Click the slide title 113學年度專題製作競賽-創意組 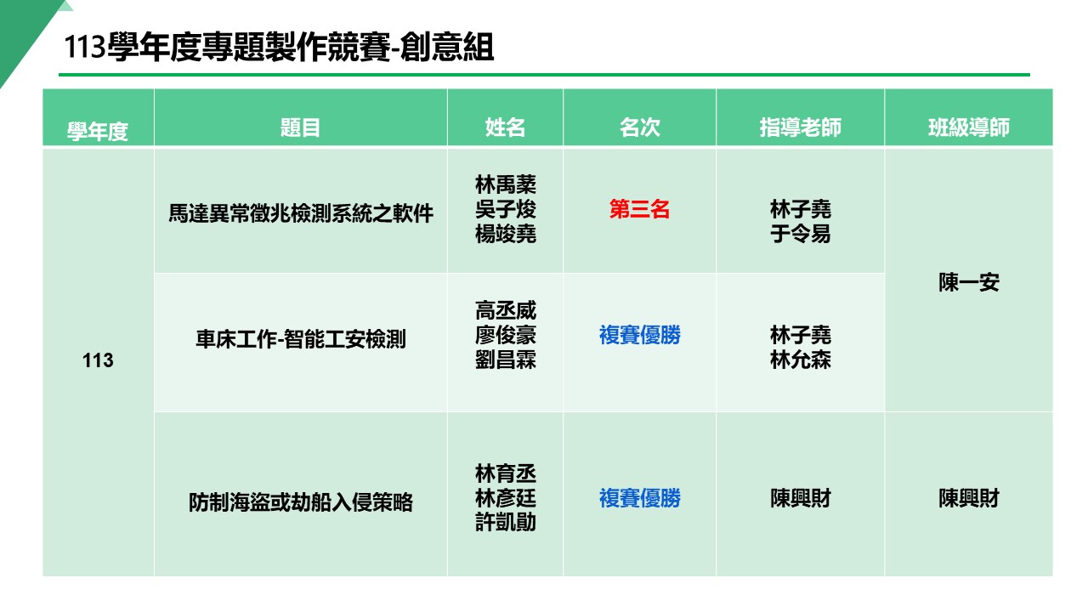coord(279,48)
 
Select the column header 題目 coord(300,127)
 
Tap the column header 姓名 coord(505,127)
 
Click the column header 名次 coord(639,127)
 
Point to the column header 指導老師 coord(800,127)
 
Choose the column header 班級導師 coord(968,127)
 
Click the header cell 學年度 coord(98,132)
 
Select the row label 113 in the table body coord(98,361)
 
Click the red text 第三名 coord(639,210)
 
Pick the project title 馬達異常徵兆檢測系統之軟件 coord(300,212)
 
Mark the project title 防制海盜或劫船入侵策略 coord(300,502)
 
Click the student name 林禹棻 coord(506,184)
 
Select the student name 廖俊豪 coord(506,336)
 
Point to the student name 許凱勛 coord(506,523)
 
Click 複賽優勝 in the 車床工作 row coord(639,336)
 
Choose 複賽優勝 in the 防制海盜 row coord(639,498)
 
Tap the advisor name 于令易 coord(800,234)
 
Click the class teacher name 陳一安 coord(968,283)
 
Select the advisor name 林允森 coord(800,360)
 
